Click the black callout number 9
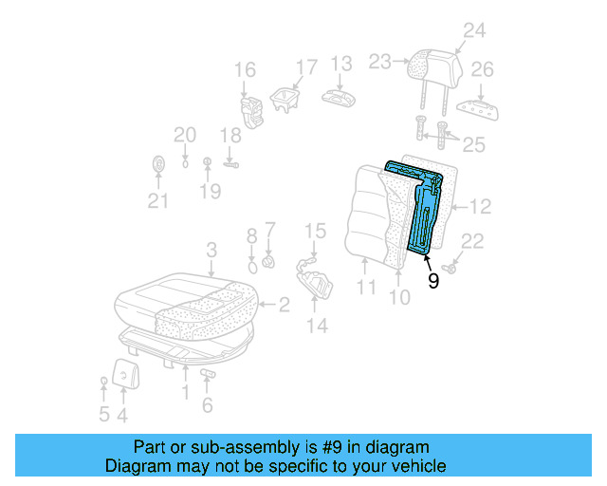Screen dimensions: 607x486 pos(433,280)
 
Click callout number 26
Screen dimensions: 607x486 pos(482,69)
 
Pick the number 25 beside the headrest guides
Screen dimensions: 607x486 pos(474,144)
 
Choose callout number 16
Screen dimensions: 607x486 pos(245,69)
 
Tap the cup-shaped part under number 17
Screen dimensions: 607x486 pos(285,101)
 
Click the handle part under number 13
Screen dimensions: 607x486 pos(339,98)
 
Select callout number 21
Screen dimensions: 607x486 pos(158,200)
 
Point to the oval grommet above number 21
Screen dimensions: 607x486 pos(158,164)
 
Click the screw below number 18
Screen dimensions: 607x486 pos(231,165)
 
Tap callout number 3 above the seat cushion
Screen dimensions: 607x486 pos(212,250)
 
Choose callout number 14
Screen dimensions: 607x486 pos(318,326)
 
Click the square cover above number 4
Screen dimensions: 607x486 pos(125,374)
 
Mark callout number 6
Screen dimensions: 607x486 pos(208,405)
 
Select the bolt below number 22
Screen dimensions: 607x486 pos(450,268)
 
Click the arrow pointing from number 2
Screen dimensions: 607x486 pos(267,305)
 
